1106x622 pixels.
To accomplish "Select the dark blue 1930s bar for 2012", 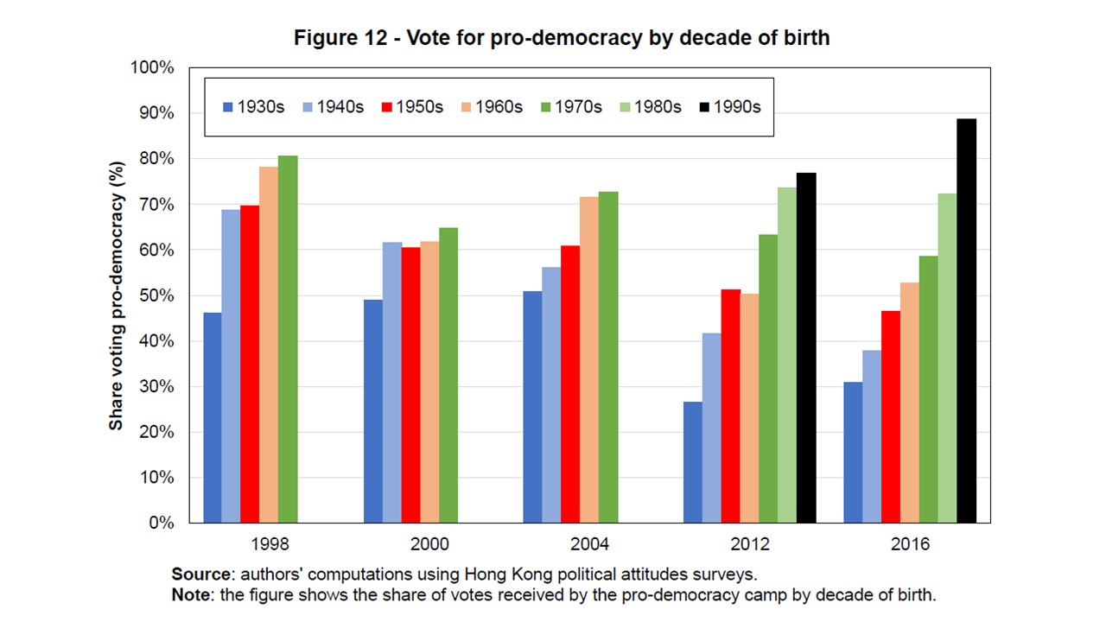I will [692, 462].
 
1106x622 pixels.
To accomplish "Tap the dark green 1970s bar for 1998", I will [288, 340].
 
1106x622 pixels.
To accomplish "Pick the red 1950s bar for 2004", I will [570, 384].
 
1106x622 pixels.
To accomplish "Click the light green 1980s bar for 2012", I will [786, 355].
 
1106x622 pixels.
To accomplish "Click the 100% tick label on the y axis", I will [151, 68].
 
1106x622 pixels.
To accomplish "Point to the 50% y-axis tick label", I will [156, 295].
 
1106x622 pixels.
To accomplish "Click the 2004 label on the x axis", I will [590, 544].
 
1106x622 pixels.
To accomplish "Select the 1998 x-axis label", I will [270, 544].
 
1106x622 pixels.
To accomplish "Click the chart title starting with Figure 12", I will [562, 38].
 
